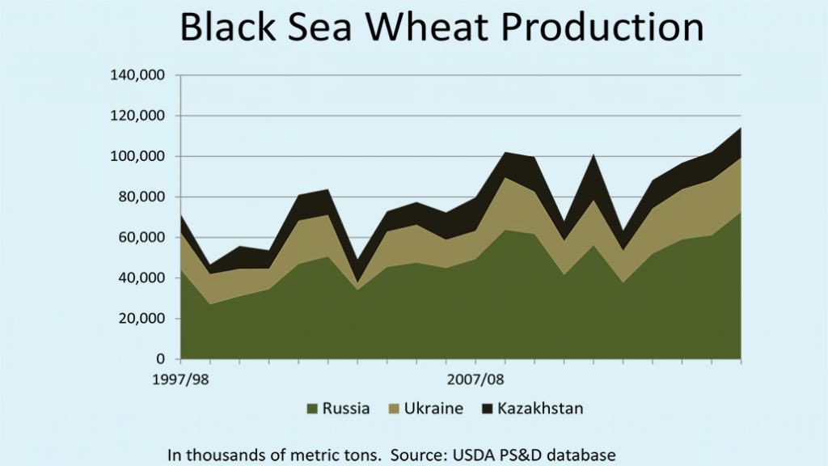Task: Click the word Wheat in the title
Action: [417, 27]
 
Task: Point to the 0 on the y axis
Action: [161, 358]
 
